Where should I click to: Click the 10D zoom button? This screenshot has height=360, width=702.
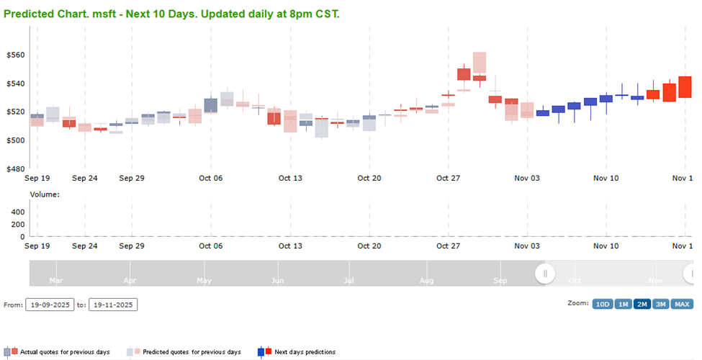[x=602, y=304]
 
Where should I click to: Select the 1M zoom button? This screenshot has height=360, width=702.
[x=623, y=304]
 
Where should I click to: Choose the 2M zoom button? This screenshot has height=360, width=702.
[x=642, y=304]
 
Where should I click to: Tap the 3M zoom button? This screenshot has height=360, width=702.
[x=661, y=304]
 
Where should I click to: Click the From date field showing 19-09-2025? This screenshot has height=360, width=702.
[x=50, y=305]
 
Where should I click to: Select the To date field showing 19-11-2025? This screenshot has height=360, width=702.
[x=113, y=305]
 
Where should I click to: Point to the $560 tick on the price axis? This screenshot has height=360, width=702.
[x=15, y=55]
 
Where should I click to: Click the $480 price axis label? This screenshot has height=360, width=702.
[x=15, y=168]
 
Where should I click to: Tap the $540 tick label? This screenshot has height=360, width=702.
[x=15, y=84]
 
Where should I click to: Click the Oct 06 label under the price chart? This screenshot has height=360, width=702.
[x=211, y=178]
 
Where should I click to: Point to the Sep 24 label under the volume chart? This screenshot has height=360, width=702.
[x=84, y=246]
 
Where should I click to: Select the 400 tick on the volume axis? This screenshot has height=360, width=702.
[x=17, y=212]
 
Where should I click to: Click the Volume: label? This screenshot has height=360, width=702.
[x=45, y=194]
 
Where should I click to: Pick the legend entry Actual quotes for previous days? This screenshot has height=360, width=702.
[x=65, y=352]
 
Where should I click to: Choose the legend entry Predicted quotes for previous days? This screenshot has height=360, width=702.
[x=192, y=352]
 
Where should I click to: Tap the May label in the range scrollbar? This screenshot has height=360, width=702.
[x=204, y=280]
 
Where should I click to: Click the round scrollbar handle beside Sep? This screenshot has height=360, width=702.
[x=545, y=274]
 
